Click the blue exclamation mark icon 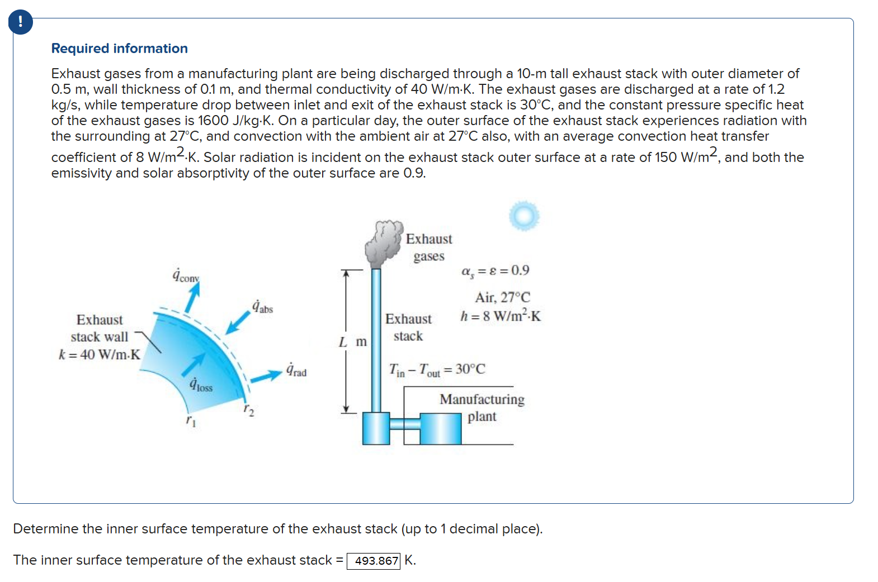(x=21, y=22)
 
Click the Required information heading (x=119, y=49)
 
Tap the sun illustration (x=524, y=216)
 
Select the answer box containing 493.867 (x=374, y=560)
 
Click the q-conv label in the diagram (x=186, y=276)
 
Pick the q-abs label (x=262, y=307)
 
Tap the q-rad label (x=296, y=370)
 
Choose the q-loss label (x=201, y=385)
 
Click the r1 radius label (x=191, y=420)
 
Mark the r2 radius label (x=249, y=411)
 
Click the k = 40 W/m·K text (x=100, y=355)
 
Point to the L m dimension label (x=353, y=341)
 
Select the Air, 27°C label (x=502, y=297)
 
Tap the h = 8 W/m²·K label (x=501, y=316)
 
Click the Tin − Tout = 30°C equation (x=437, y=369)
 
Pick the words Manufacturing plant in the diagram (x=482, y=408)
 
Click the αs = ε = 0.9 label (x=495, y=271)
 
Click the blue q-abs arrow (x=238, y=322)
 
